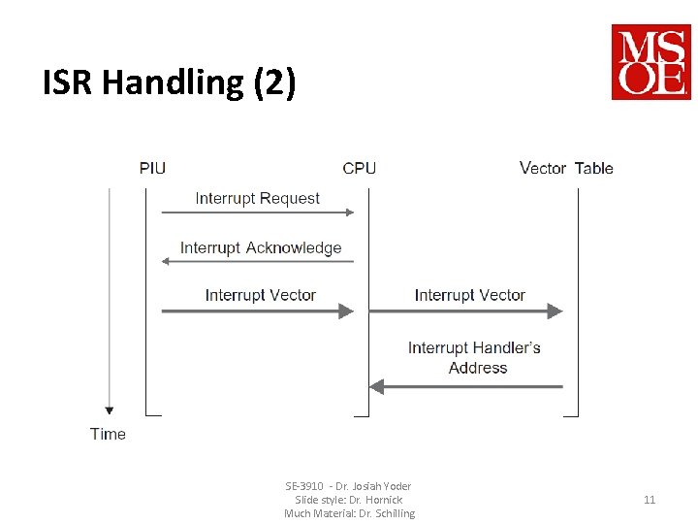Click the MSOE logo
(x=650, y=62)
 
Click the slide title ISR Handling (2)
(x=169, y=83)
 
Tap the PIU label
(x=152, y=168)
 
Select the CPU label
(x=359, y=168)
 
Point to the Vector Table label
(x=566, y=168)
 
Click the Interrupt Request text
(x=257, y=198)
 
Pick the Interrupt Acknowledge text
(x=261, y=247)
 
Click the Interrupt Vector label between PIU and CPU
(x=261, y=295)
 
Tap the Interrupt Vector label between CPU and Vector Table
(x=469, y=295)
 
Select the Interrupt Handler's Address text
(x=474, y=357)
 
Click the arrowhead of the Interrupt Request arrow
(x=350, y=213)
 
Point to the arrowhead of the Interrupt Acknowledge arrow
(x=166, y=261)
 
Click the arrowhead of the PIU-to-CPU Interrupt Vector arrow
(x=346, y=311)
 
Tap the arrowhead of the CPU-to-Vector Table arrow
(x=555, y=311)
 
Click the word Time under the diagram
(x=108, y=434)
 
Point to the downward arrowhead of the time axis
(x=110, y=409)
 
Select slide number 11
(x=650, y=500)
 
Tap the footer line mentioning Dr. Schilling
(x=349, y=513)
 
